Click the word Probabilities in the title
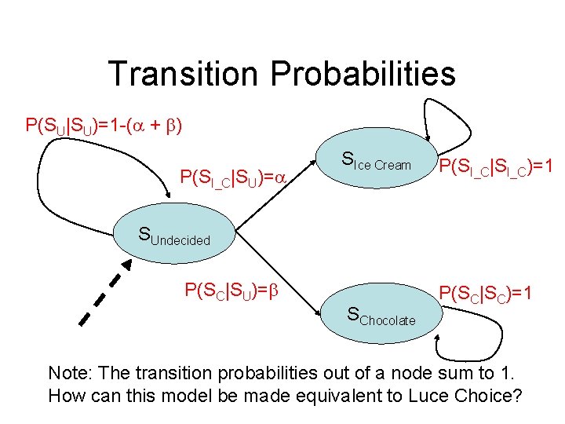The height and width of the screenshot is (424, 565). click(362, 74)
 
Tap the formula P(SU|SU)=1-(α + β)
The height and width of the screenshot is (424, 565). click(104, 126)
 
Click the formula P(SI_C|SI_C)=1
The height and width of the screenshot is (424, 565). click(496, 166)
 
